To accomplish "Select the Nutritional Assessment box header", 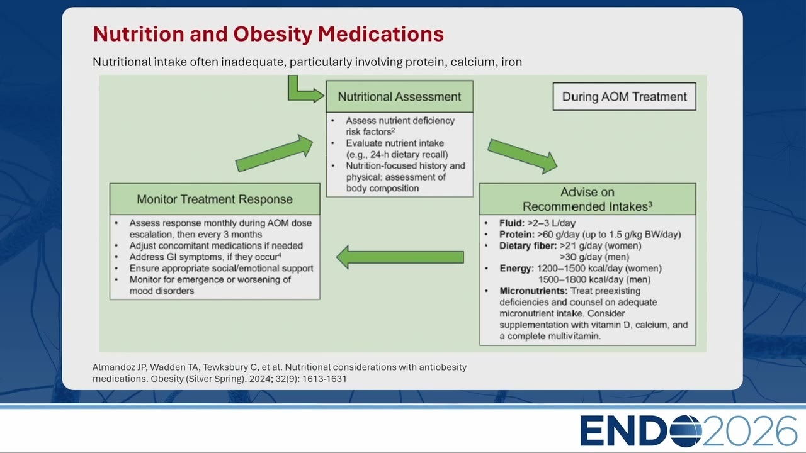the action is tap(399, 96).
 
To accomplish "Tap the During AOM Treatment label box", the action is tap(624, 96).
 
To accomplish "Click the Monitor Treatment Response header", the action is tap(215, 199).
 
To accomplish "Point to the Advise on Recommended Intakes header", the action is tap(587, 199).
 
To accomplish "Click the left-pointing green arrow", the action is tap(400, 257).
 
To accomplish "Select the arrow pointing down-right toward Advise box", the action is tap(523, 156).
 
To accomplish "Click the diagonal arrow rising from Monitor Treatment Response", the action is tap(274, 153).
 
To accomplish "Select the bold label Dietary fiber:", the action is tap(528, 246).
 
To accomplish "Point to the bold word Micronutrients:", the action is tap(533, 291).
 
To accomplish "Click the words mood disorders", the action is tap(162, 291).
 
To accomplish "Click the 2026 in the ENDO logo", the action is tap(749, 431).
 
